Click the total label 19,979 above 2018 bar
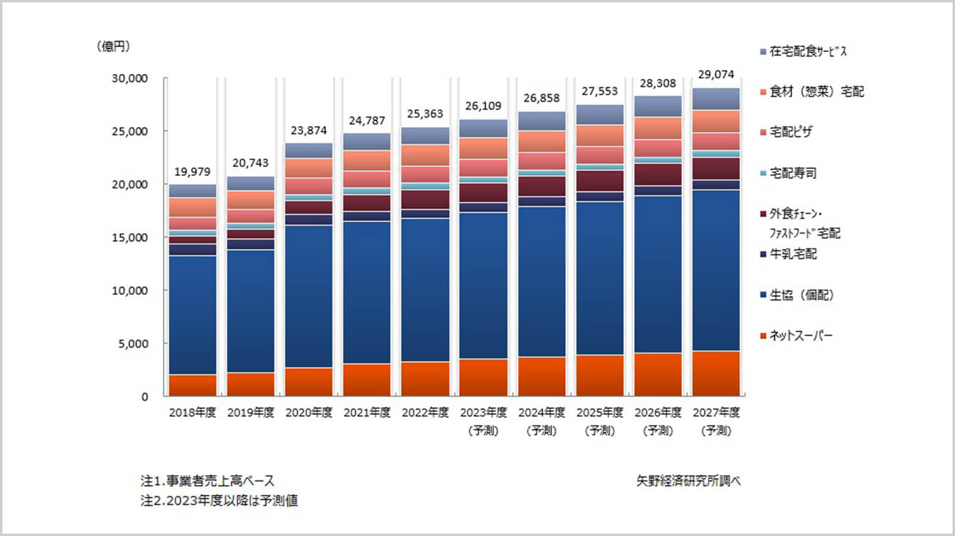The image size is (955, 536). tap(192, 172)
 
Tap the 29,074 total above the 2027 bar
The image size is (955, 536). tap(716, 75)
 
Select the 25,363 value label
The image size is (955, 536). tap(425, 114)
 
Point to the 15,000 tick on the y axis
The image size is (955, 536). tap(130, 237)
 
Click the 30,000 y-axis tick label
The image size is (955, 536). tap(130, 78)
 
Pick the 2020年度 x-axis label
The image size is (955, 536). tap(309, 412)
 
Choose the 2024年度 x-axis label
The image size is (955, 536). tap(541, 412)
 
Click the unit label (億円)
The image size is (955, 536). tap(113, 47)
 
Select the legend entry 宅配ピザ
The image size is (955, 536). tap(790, 132)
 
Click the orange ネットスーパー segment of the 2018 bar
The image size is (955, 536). tap(192, 385)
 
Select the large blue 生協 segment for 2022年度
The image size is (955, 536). tap(425, 291)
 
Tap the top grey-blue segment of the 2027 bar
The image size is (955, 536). tap(716, 99)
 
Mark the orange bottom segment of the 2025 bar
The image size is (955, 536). tap(599, 376)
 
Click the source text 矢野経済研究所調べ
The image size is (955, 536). tap(688, 481)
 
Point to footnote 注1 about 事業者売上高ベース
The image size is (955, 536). tap(208, 481)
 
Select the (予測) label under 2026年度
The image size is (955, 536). tap(657, 431)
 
